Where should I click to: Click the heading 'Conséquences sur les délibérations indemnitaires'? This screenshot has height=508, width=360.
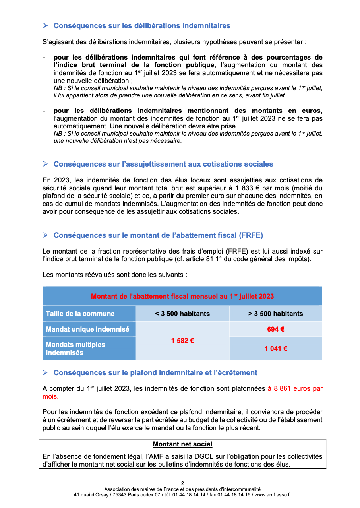[142, 26]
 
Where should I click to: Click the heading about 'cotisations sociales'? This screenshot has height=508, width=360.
[163, 164]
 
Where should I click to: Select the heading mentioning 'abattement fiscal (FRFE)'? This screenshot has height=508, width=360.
[158, 235]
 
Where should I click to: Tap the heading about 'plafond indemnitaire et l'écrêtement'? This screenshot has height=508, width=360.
[155, 373]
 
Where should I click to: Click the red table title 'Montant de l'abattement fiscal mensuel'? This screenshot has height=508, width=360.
[182, 296]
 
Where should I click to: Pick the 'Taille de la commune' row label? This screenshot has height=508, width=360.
[80, 314]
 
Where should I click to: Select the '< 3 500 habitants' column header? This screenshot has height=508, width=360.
[182, 314]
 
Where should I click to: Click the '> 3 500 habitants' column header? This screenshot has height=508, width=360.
[276, 314]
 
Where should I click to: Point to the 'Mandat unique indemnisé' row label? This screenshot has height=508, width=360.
[87, 329]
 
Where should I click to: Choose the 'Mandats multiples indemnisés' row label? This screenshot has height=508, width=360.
[75, 349]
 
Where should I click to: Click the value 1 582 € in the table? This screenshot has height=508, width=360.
[182, 341]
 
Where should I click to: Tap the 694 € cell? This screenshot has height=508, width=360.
[276, 329]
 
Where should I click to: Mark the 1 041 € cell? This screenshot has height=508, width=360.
[276, 349]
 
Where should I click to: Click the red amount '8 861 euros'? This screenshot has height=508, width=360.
[290, 389]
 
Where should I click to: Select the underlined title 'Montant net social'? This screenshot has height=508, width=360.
[182, 444]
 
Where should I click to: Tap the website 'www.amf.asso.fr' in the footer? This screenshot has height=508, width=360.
[273, 495]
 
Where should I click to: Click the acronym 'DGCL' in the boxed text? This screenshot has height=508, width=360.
[201, 457]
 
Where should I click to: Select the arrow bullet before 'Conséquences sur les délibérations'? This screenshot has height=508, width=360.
[45, 26]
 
